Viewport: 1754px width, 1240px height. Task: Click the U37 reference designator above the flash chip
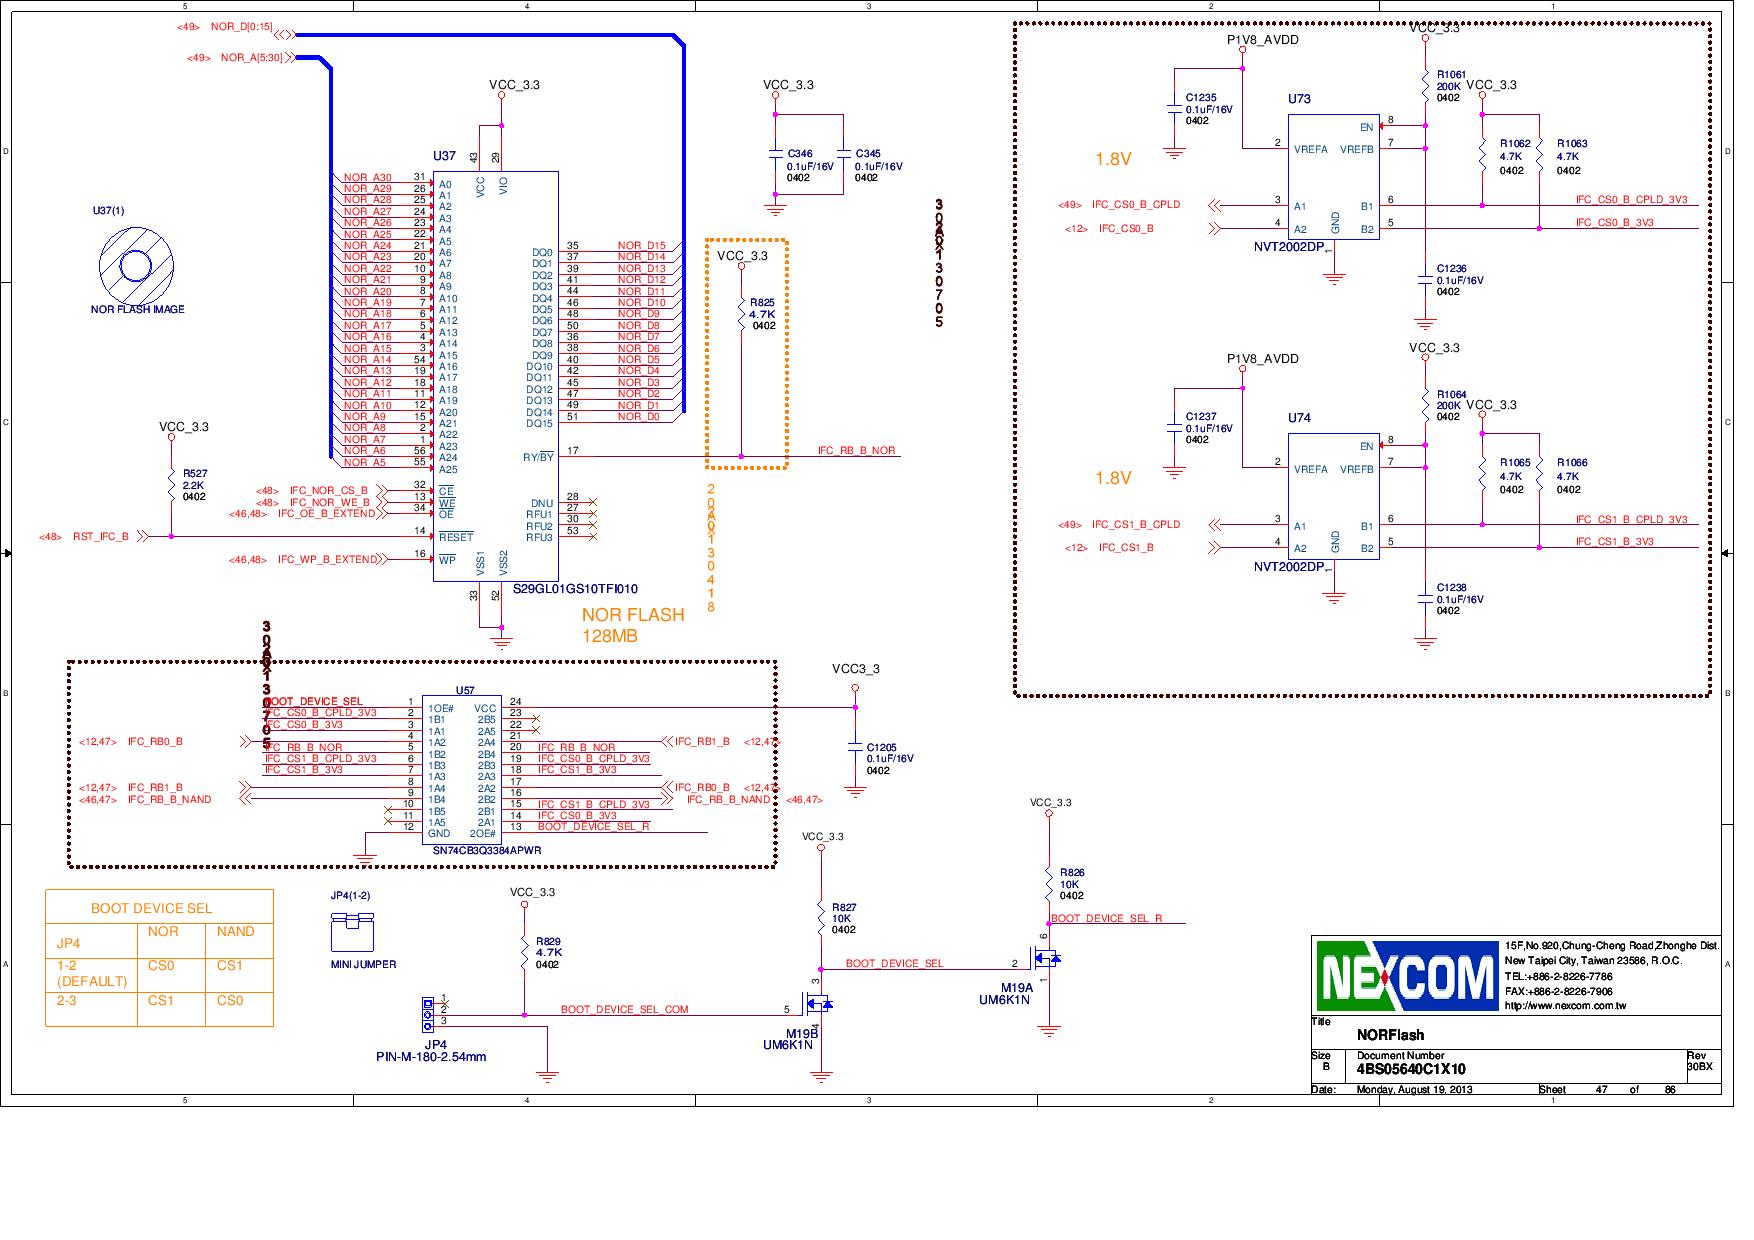[x=444, y=156]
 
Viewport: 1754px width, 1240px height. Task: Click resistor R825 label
[x=762, y=302]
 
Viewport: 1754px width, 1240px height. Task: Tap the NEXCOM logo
[x=1407, y=976]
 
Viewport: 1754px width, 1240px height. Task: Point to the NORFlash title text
[x=1390, y=1035]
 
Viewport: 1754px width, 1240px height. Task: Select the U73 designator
[x=1299, y=99]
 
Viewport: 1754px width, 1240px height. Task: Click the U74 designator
[x=1299, y=418]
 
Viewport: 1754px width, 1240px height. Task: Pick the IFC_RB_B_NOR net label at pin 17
[x=856, y=451]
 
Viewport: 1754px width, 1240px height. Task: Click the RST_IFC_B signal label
[x=100, y=537]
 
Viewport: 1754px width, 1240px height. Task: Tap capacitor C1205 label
[x=881, y=747]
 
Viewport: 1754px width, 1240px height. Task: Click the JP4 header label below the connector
[x=435, y=1044]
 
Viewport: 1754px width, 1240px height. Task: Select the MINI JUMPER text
[x=363, y=965]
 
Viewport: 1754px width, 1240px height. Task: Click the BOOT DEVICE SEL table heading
[x=151, y=908]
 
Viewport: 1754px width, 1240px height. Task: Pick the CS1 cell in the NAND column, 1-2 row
[x=230, y=966]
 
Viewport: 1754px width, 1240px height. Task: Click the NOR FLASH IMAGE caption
[x=137, y=310]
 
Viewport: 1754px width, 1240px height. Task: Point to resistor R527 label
[x=195, y=473]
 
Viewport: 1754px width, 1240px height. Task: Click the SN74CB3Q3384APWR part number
[x=486, y=850]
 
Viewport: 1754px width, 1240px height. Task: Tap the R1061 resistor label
[x=1451, y=75]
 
